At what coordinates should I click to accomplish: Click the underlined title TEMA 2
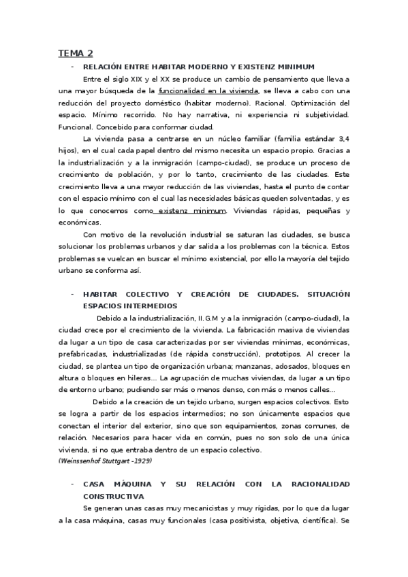76,53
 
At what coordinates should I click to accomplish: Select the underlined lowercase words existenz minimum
191,211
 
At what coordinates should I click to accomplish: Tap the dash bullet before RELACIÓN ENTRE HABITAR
72,67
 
